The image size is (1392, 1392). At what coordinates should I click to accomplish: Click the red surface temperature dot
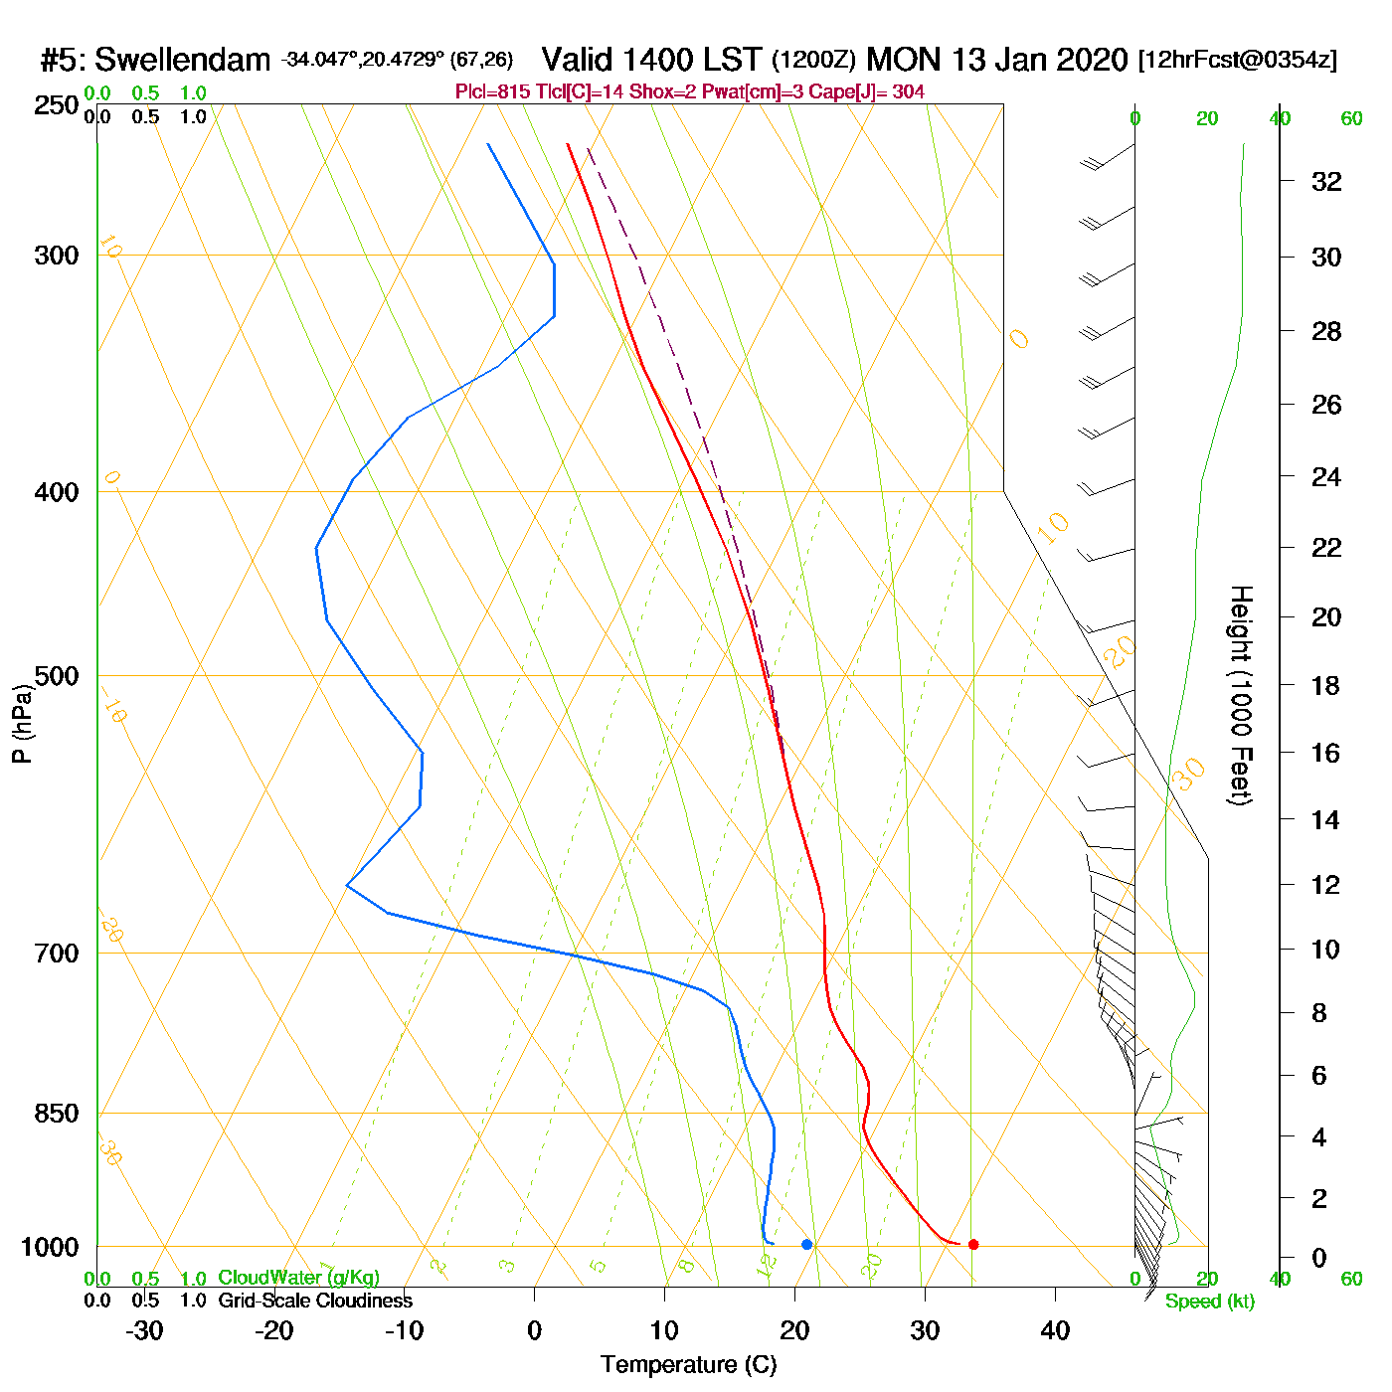point(973,1244)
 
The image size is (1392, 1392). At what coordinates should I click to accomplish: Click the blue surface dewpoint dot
point(806,1244)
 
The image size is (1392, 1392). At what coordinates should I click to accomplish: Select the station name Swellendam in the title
point(182,60)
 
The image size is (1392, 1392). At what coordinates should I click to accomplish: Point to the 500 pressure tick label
point(57,676)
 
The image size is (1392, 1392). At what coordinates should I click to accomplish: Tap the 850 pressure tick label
point(57,1114)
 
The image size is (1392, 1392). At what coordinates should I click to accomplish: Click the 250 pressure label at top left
point(57,104)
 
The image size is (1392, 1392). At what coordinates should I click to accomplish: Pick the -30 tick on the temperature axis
point(144,1330)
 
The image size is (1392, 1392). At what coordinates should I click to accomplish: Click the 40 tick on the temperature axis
point(1055,1330)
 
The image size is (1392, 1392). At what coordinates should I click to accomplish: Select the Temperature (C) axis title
point(688,1365)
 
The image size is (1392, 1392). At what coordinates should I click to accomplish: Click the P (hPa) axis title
point(22,725)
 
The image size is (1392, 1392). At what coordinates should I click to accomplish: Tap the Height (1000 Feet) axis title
point(1241,695)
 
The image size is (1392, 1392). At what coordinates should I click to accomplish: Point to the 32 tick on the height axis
point(1326,181)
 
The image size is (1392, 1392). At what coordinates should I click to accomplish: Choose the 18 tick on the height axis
point(1326,685)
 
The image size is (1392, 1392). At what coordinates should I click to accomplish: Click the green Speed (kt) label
point(1210,1302)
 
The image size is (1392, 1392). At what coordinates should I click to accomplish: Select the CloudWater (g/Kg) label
point(298,1278)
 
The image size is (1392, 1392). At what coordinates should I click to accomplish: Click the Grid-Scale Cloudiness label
point(315,1301)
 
